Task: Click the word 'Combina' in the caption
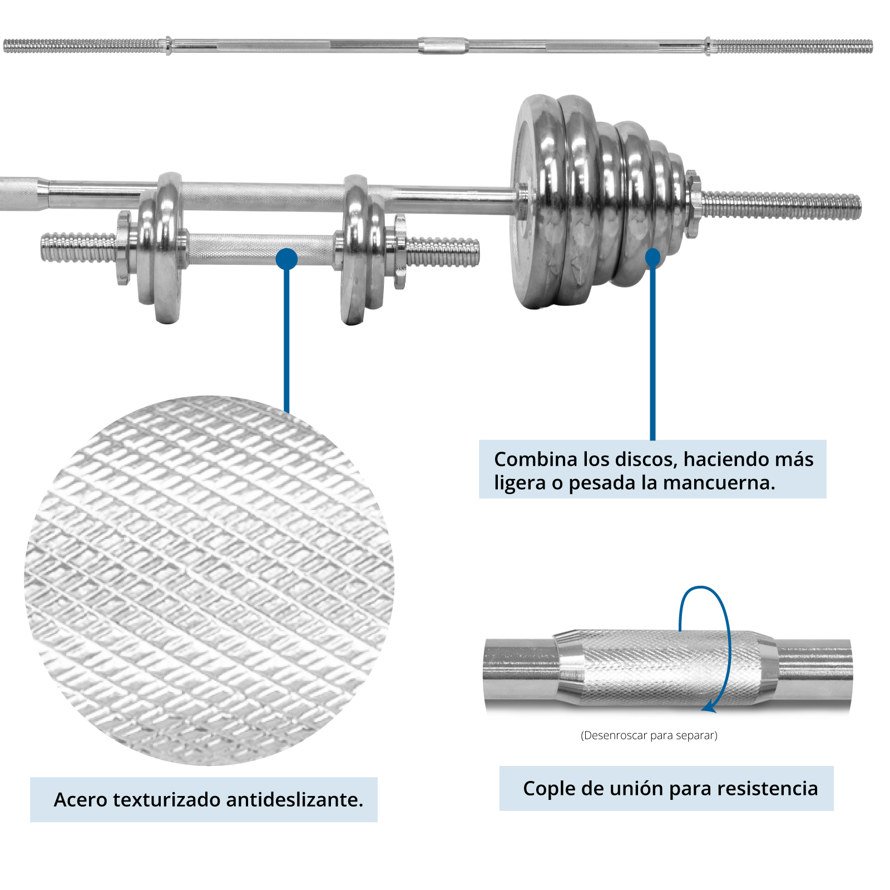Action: (x=536, y=459)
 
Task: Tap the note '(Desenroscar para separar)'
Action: (x=649, y=735)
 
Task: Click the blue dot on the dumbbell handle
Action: (x=286, y=259)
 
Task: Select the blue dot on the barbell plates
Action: (x=652, y=258)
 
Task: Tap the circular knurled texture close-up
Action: (x=209, y=580)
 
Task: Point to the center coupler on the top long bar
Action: (x=443, y=45)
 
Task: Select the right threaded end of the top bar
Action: (x=791, y=46)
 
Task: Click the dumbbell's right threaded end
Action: (x=443, y=252)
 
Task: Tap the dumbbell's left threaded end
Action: (x=79, y=248)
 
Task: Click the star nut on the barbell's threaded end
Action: (x=693, y=204)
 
